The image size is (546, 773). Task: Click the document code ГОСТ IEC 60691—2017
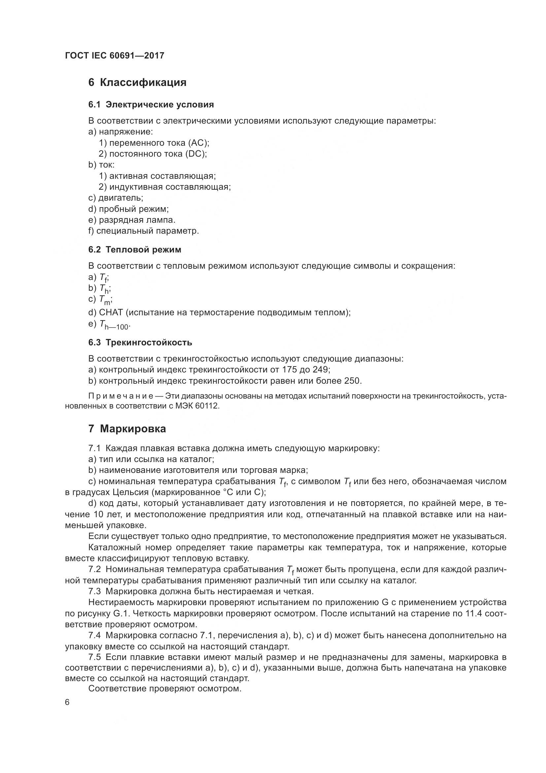point(115,56)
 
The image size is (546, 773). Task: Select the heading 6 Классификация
point(137,83)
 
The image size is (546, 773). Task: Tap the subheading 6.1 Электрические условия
point(151,105)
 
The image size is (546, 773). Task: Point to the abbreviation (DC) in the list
point(197,154)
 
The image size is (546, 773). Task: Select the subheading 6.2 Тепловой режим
point(134,250)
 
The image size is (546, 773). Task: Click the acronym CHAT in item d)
point(111,312)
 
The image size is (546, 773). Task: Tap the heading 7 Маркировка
point(127,429)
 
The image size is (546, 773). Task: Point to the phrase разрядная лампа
point(137,220)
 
